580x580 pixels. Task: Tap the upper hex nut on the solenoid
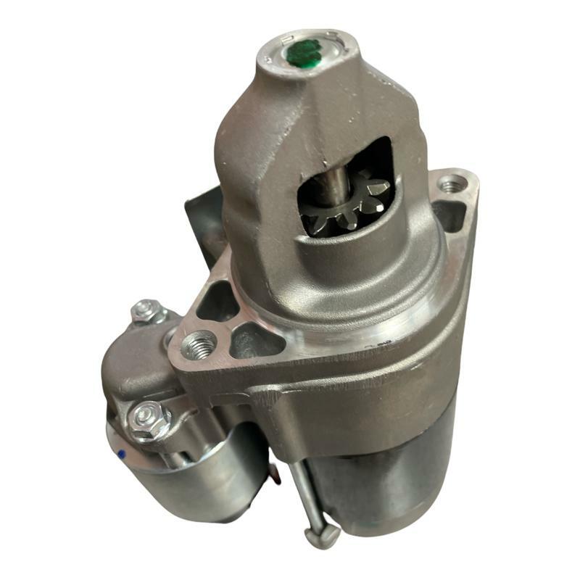[148, 311]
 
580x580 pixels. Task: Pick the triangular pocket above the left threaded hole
[218, 301]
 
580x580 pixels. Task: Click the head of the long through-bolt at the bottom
[322, 535]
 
